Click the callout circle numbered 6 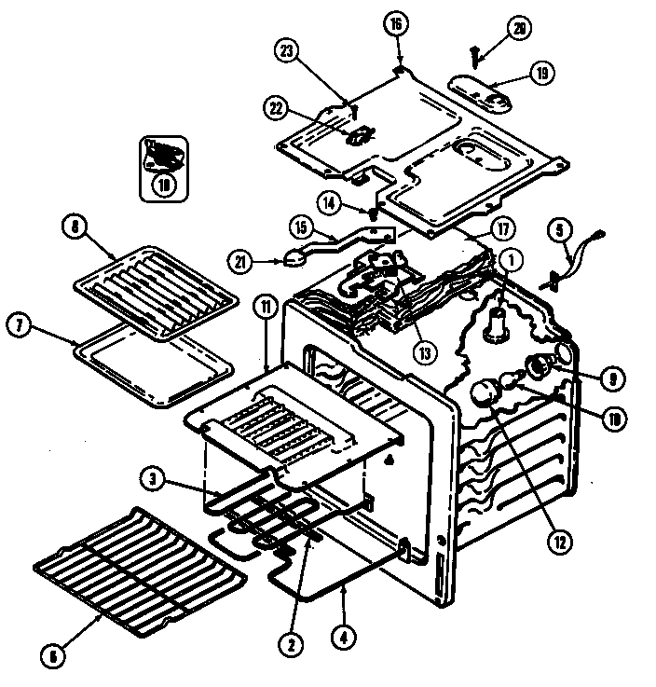point(53,655)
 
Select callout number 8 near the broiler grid point(72,225)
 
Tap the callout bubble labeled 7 point(19,325)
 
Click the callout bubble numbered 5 point(559,227)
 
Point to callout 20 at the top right point(522,28)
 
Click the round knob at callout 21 point(294,258)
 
